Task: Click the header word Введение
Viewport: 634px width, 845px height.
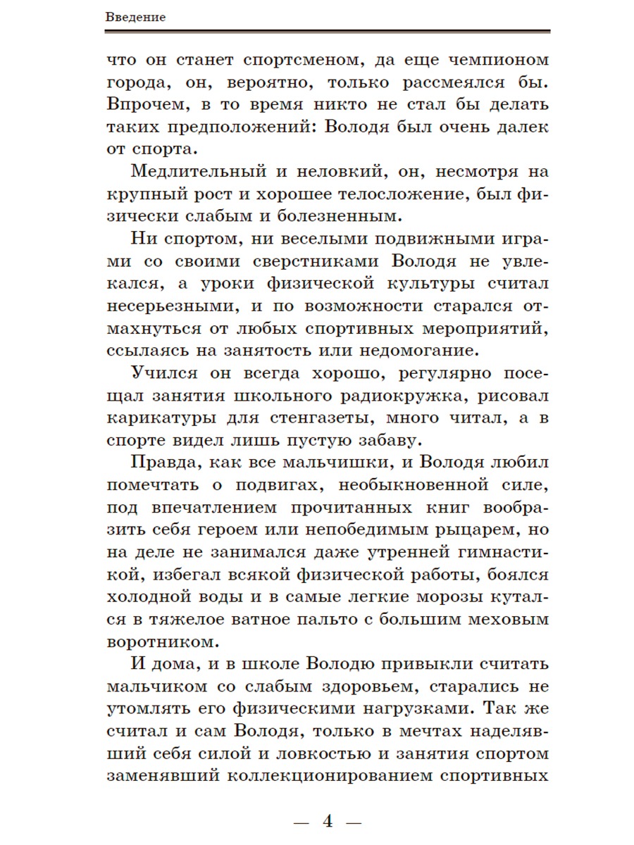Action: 136,18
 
